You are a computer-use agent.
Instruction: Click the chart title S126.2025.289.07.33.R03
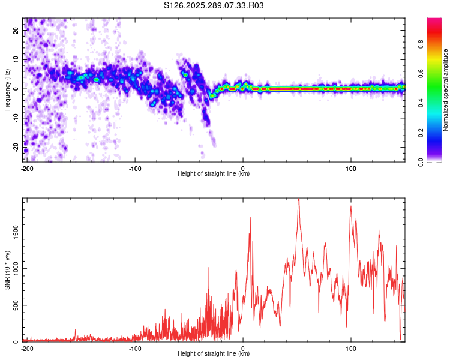pos(214,6)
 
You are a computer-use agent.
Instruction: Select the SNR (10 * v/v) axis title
pos(7,270)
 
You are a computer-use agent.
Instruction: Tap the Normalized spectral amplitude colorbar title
pos(445,90)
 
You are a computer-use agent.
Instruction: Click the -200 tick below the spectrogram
pos(26,168)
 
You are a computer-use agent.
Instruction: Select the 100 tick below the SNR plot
pos(350,348)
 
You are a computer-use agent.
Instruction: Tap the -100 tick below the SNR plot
pos(135,348)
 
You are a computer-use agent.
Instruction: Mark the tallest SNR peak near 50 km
pos(298,199)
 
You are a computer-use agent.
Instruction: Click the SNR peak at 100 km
pos(350,206)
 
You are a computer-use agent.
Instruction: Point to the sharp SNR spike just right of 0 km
pos(250,217)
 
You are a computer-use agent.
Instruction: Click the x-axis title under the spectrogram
pos(214,174)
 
